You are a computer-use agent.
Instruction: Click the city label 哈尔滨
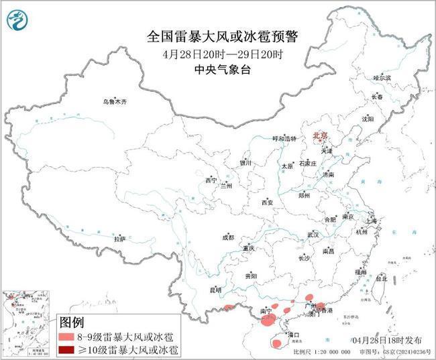381,78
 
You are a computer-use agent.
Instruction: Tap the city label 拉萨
119,239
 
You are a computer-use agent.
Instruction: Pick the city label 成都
228,237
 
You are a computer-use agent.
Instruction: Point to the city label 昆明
215,290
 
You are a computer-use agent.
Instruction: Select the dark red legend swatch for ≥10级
67,350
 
